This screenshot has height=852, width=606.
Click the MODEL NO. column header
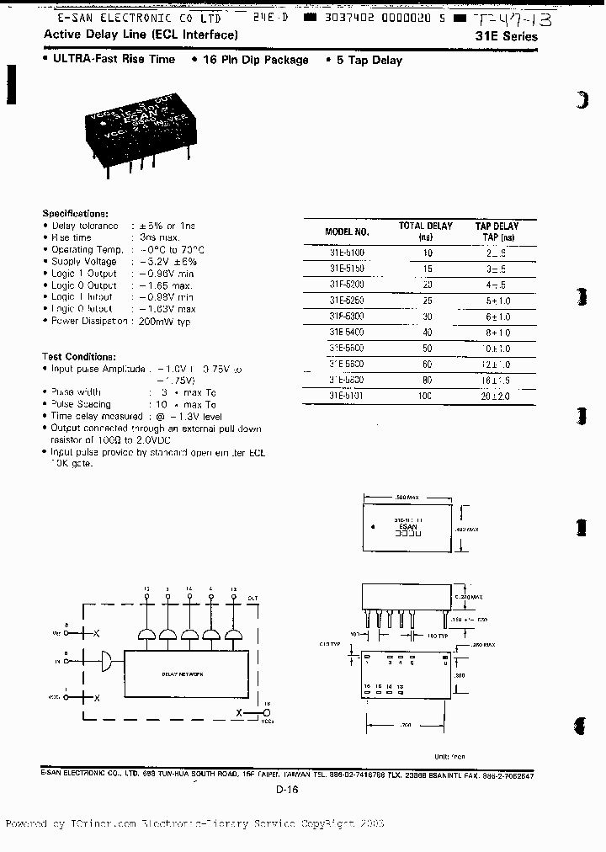(x=347, y=232)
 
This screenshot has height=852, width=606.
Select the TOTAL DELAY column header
(x=425, y=226)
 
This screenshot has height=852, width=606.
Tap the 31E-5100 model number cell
(x=347, y=252)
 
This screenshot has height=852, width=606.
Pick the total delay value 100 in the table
(x=427, y=395)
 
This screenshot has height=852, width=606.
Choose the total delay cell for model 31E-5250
(x=427, y=300)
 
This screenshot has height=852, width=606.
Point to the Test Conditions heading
(x=79, y=357)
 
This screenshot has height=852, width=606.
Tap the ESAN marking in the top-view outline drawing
(x=407, y=527)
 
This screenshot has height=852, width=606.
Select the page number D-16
(x=287, y=789)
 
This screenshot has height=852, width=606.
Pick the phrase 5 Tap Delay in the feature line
(x=366, y=60)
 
